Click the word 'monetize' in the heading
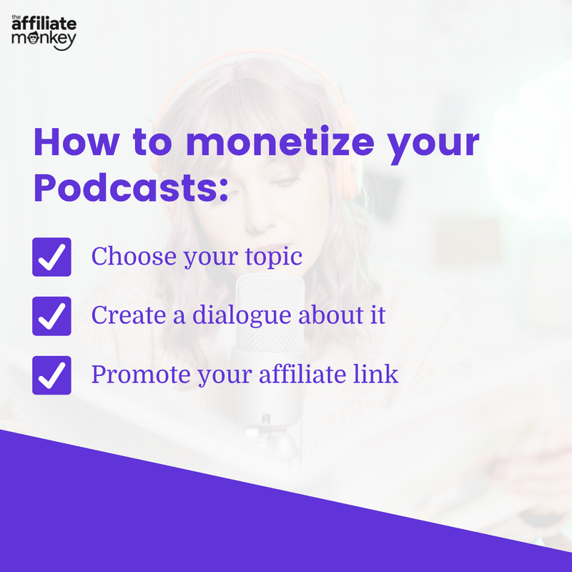[x=280, y=143]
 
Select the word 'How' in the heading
[x=74, y=143]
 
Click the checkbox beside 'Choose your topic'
[x=51, y=257]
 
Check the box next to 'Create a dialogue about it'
[x=51, y=316]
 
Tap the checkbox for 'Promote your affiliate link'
[x=51, y=375]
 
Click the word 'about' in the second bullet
[x=321, y=315]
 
